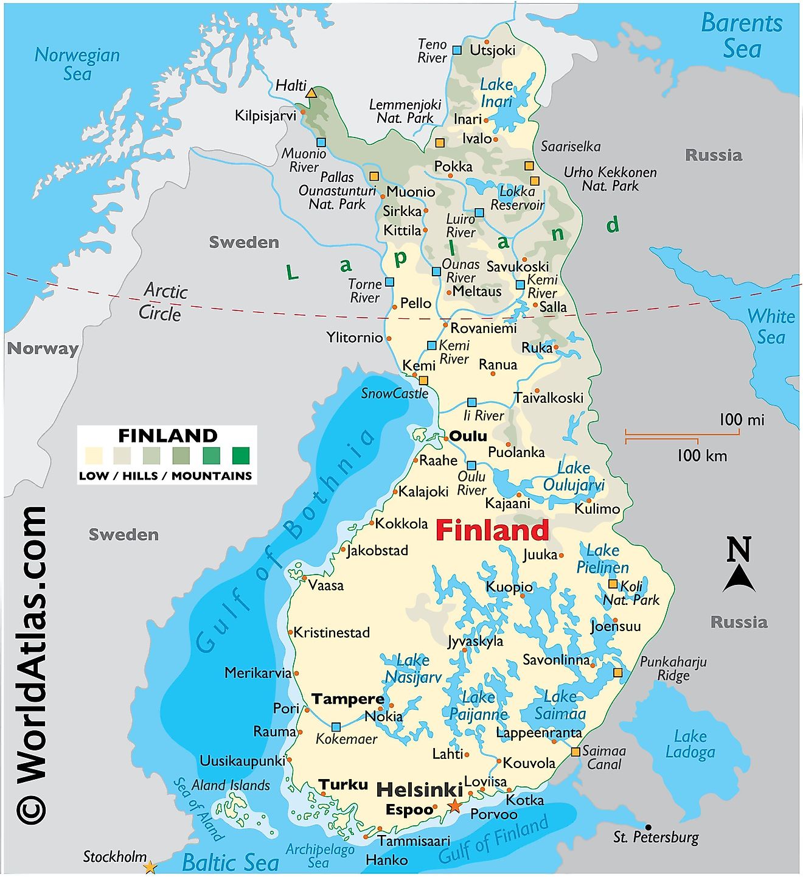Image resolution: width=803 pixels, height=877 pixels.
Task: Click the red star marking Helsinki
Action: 454,806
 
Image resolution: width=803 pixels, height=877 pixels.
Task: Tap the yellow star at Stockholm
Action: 150,867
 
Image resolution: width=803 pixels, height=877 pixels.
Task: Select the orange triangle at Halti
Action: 311,93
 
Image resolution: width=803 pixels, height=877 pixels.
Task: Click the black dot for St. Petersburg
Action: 648,827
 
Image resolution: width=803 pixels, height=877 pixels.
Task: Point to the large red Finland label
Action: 492,530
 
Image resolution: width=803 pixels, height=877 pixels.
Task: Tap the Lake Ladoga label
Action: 690,744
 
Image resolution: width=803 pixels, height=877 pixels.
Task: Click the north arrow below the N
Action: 739,578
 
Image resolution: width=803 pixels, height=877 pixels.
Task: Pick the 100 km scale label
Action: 702,455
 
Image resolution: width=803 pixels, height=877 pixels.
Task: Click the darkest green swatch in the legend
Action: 241,455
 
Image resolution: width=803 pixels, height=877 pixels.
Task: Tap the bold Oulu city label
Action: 468,436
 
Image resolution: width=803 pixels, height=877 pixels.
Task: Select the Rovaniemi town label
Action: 483,328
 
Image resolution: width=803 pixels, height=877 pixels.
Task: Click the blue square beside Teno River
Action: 457,50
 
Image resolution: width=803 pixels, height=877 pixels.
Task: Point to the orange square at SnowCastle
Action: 423,380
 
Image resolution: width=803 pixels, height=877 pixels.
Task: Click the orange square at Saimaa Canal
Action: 575,752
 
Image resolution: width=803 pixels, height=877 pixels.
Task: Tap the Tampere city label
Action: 347,699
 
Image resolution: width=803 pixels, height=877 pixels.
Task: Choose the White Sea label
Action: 771,326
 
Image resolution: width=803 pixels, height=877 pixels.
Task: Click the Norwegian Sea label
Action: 77,64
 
